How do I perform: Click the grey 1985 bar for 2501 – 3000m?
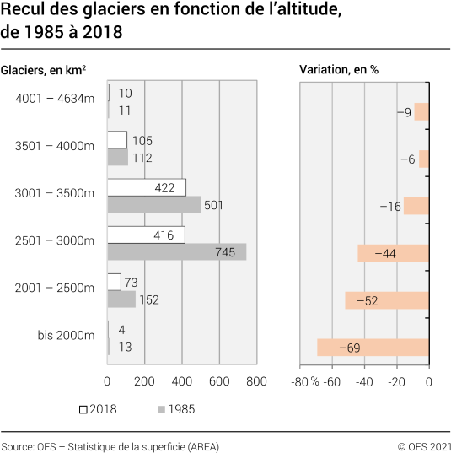pos(176,251)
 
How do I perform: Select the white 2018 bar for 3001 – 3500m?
pos(146,187)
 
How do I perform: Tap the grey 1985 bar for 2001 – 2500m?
pos(121,299)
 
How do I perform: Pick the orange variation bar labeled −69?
pos(373,348)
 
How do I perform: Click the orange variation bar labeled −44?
pos(393,253)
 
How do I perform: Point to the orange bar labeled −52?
pos(386,300)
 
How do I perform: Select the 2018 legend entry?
pos(97,409)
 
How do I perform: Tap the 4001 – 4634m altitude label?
pos(55,99)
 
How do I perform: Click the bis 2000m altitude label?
pos(66,335)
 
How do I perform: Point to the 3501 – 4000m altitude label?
pos(55,146)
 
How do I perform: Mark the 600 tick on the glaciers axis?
pos(219,381)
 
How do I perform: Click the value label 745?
pos(225,252)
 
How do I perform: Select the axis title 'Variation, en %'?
pos(339,69)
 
